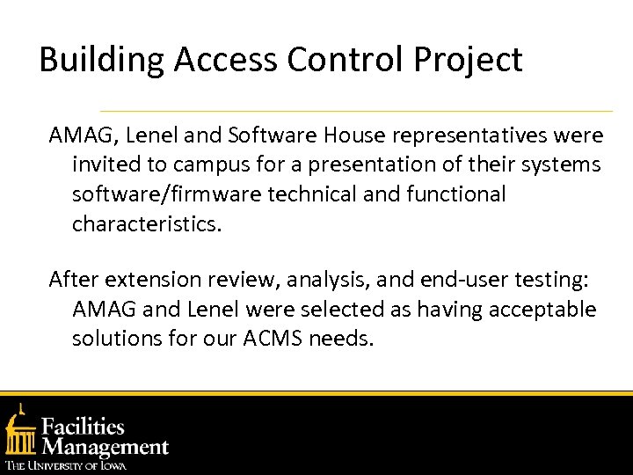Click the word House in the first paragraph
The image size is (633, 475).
(x=353, y=135)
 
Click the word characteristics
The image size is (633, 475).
(x=148, y=223)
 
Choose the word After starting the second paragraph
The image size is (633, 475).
(x=73, y=280)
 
